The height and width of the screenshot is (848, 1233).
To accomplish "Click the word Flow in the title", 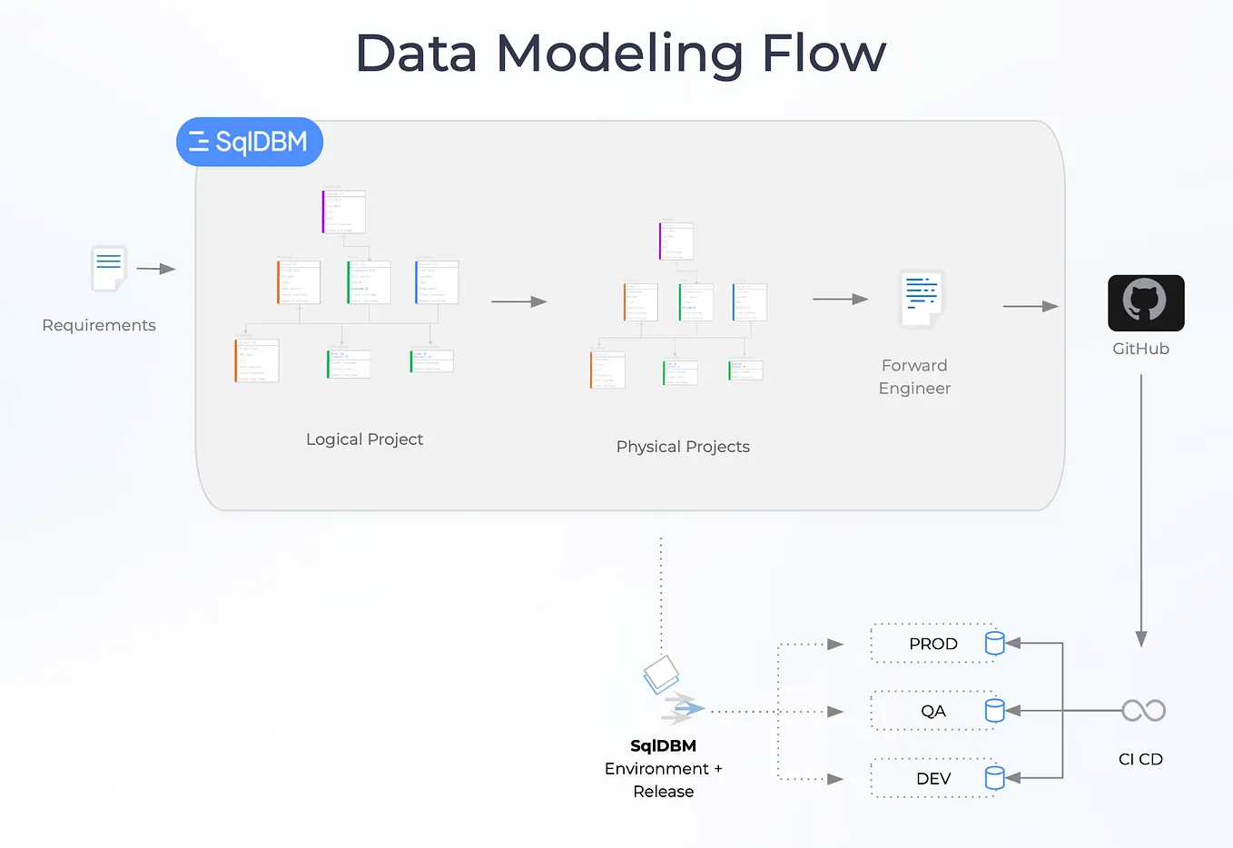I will pyautogui.click(x=823, y=54).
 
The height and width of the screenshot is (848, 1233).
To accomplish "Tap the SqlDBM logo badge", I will pyautogui.click(x=249, y=142).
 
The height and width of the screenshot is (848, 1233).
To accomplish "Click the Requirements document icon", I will pyautogui.click(x=109, y=268).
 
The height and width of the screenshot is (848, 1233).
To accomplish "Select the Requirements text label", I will pyautogui.click(x=99, y=325).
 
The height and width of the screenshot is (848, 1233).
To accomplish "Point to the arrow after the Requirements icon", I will pyautogui.click(x=155, y=269).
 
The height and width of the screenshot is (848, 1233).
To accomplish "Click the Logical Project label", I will pyautogui.click(x=364, y=439).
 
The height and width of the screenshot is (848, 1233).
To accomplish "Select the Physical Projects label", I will pyautogui.click(x=683, y=447).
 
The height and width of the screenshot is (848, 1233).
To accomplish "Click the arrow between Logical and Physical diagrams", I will pyautogui.click(x=518, y=301).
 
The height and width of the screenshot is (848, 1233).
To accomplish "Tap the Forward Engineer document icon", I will pyautogui.click(x=921, y=299).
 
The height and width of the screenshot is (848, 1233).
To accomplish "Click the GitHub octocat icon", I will pyautogui.click(x=1145, y=302).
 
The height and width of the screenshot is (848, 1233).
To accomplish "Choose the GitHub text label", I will pyautogui.click(x=1140, y=349).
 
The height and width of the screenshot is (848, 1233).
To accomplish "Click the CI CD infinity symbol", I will pyautogui.click(x=1143, y=710).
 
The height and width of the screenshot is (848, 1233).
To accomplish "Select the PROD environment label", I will pyautogui.click(x=932, y=644).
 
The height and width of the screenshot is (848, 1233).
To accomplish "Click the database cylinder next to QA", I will pyautogui.click(x=994, y=710).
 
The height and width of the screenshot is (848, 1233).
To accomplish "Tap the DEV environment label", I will pyautogui.click(x=932, y=779).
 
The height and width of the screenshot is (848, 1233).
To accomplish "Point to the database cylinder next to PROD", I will pyautogui.click(x=994, y=643).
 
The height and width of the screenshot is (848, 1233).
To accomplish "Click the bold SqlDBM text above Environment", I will pyautogui.click(x=663, y=746).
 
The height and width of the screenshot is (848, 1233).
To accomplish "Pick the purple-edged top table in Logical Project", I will pyautogui.click(x=344, y=212).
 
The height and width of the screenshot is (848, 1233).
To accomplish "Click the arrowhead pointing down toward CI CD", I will pyautogui.click(x=1141, y=638).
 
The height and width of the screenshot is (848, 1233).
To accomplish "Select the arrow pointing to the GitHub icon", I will pyautogui.click(x=1031, y=307).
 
